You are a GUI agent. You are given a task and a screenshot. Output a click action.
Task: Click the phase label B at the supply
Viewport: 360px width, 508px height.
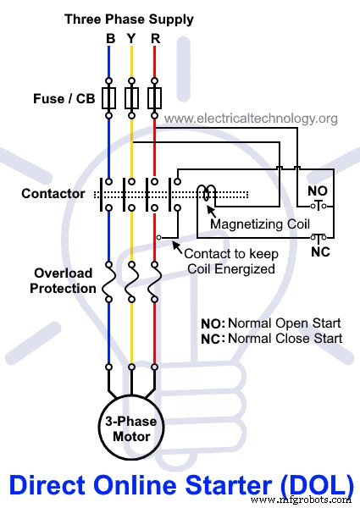tap(110, 39)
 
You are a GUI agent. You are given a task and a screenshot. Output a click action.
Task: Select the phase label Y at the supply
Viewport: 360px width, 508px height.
tap(131, 39)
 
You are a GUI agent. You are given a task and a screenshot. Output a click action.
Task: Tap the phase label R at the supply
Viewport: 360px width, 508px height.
tap(156, 39)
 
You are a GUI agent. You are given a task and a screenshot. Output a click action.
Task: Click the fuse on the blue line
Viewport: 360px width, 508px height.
tap(109, 98)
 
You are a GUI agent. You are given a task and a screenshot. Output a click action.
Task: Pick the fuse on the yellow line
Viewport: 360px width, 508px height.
tap(131, 98)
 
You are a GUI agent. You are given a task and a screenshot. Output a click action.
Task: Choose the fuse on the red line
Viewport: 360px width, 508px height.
tap(154, 98)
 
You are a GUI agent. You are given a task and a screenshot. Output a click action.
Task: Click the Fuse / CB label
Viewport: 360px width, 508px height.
tap(64, 99)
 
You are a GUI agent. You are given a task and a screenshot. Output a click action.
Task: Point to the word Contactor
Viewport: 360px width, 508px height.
tap(53, 194)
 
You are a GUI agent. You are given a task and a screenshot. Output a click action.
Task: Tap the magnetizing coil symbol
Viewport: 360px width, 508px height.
tap(207, 193)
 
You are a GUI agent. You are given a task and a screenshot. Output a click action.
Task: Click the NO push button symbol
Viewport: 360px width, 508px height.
tap(318, 206)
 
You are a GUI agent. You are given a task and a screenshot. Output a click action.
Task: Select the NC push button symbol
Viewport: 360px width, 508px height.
tap(318, 238)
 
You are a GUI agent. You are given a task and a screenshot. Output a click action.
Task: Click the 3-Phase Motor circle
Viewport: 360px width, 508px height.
tap(131, 428)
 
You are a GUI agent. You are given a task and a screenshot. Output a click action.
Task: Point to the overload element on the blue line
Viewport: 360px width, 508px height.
tap(109, 282)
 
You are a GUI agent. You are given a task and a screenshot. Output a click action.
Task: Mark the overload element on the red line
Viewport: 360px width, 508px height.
tap(154, 282)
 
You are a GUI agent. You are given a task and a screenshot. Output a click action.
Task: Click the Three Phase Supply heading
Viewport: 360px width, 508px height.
tap(129, 19)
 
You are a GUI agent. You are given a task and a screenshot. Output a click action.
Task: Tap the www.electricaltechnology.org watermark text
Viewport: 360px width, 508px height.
tap(251, 119)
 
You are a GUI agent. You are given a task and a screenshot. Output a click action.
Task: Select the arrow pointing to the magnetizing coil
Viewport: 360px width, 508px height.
tap(211, 212)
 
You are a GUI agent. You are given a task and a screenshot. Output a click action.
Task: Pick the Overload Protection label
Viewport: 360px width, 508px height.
tap(63, 280)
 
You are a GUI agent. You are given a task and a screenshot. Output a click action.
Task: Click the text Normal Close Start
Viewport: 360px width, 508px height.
tap(285, 339)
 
